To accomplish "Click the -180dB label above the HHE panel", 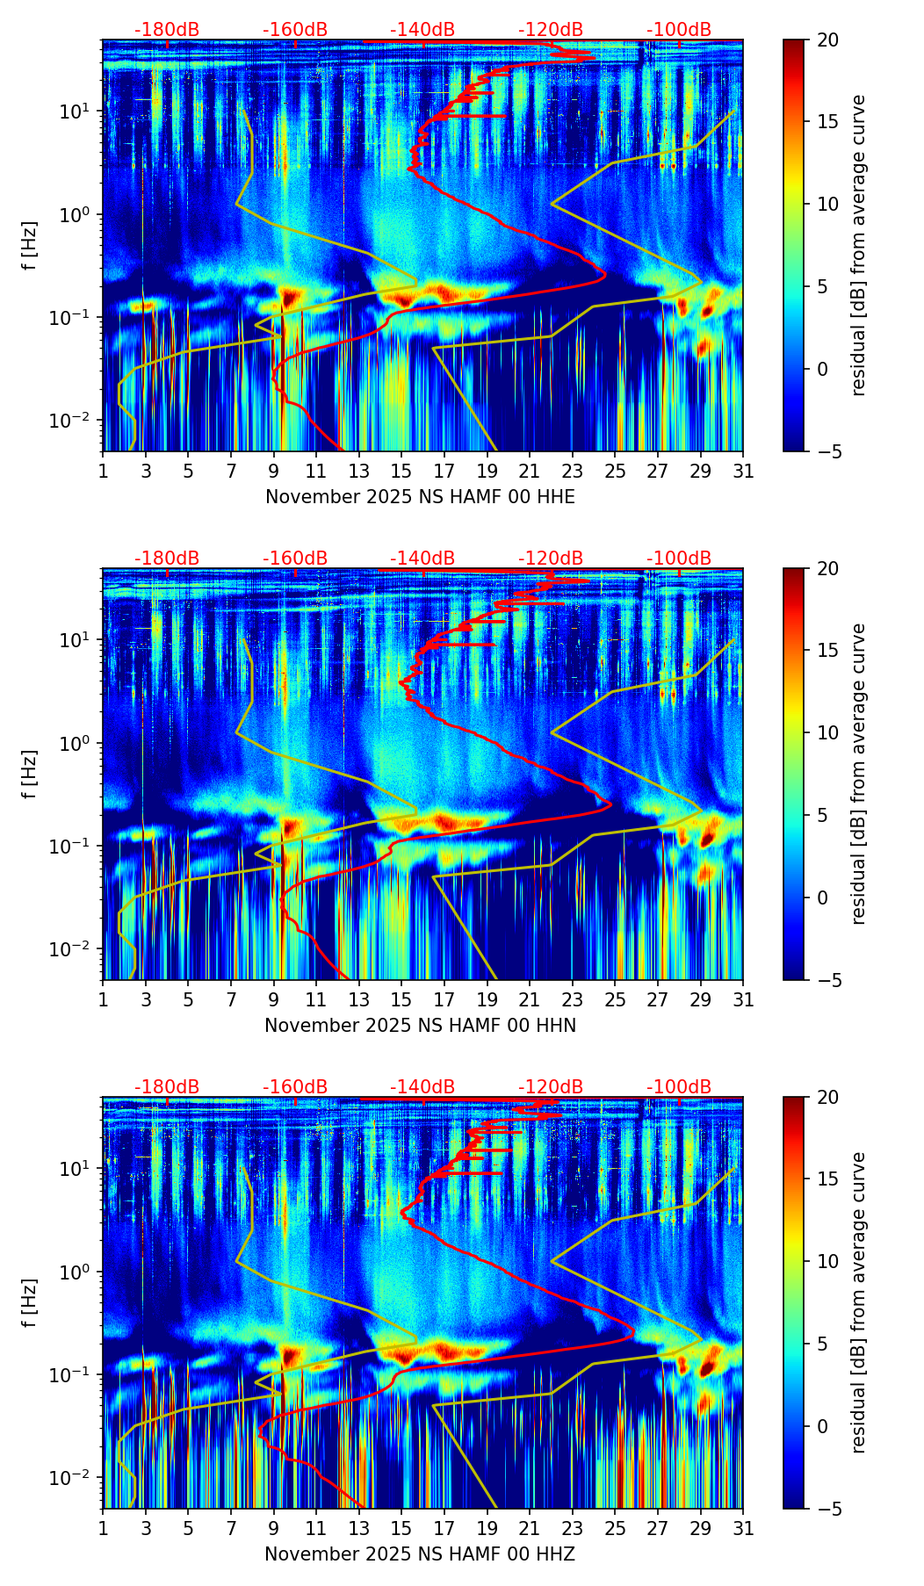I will (x=167, y=30).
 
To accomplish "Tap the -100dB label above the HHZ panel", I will (x=679, y=1087).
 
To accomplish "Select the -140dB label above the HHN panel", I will (x=422, y=559).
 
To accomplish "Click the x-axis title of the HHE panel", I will (x=420, y=497).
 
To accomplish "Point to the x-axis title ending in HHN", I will (x=420, y=1026).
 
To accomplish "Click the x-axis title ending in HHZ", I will (x=420, y=1554).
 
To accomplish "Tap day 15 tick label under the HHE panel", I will (x=401, y=472).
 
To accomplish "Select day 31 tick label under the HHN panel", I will (x=743, y=1000).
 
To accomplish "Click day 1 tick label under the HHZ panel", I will (x=103, y=1529).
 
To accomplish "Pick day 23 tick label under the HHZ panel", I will (x=572, y=1529).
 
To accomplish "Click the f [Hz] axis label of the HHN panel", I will (x=31, y=774).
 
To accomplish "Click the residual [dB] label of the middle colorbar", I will (x=858, y=774).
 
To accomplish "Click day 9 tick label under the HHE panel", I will (x=273, y=472).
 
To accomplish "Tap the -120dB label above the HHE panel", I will (x=551, y=30).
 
